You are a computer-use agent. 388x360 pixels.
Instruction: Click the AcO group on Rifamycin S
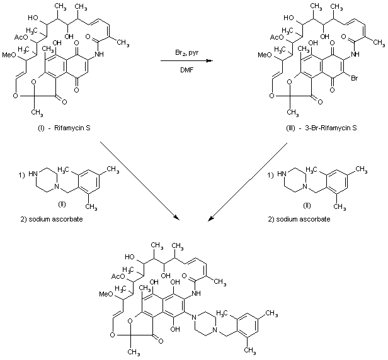click(20, 37)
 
